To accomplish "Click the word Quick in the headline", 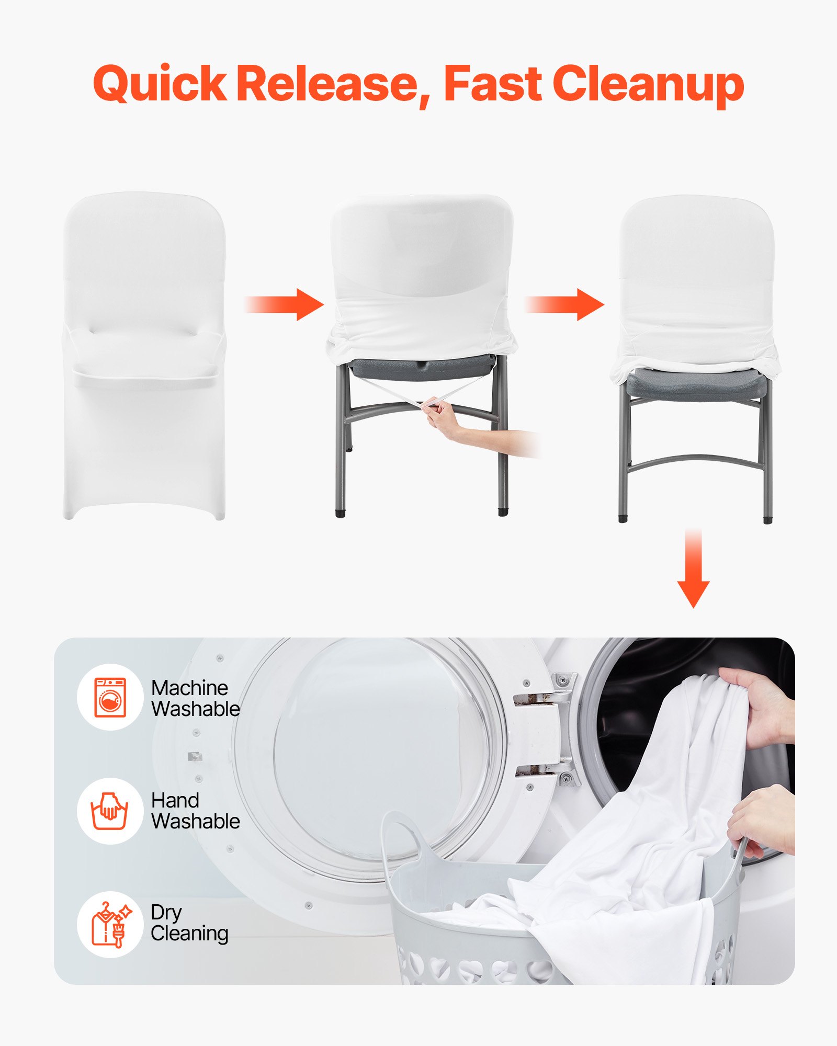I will (x=160, y=84).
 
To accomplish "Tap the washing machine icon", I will (x=110, y=697).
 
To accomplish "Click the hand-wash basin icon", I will (x=110, y=811).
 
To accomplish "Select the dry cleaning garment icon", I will (x=110, y=925).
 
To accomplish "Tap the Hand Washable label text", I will (x=195, y=811).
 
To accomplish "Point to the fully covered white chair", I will (x=144, y=356).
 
